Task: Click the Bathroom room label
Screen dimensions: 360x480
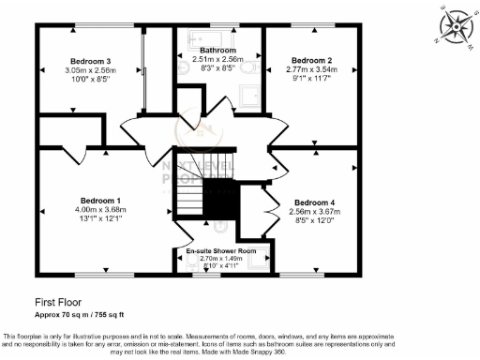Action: click(x=217, y=50)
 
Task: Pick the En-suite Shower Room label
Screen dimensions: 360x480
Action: click(x=222, y=251)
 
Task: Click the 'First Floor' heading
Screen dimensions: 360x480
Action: click(x=58, y=303)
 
